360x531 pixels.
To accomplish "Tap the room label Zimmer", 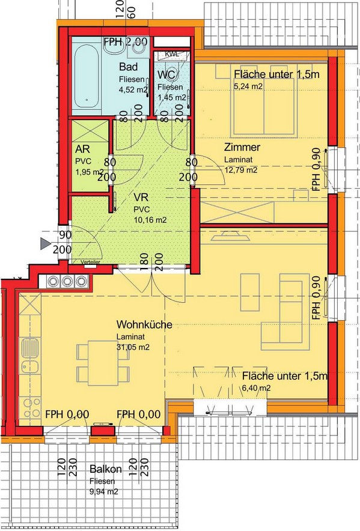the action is click(x=242, y=147).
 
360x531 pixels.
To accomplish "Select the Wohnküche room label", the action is click(x=144, y=324).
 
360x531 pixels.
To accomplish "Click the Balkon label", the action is click(x=105, y=469).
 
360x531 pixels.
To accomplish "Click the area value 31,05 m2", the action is click(x=133, y=347).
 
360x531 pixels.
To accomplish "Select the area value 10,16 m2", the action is click(x=150, y=220).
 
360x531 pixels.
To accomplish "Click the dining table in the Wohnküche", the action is click(x=103, y=363).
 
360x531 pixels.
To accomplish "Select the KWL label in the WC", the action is click(x=171, y=53).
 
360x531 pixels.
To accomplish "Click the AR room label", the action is click(x=82, y=149).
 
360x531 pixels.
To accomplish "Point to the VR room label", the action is click(x=141, y=198).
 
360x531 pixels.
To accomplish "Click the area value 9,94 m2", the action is click(x=104, y=492).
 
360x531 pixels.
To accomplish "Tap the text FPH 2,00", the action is click(x=126, y=41).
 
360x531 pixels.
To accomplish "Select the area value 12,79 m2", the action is click(x=240, y=170).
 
